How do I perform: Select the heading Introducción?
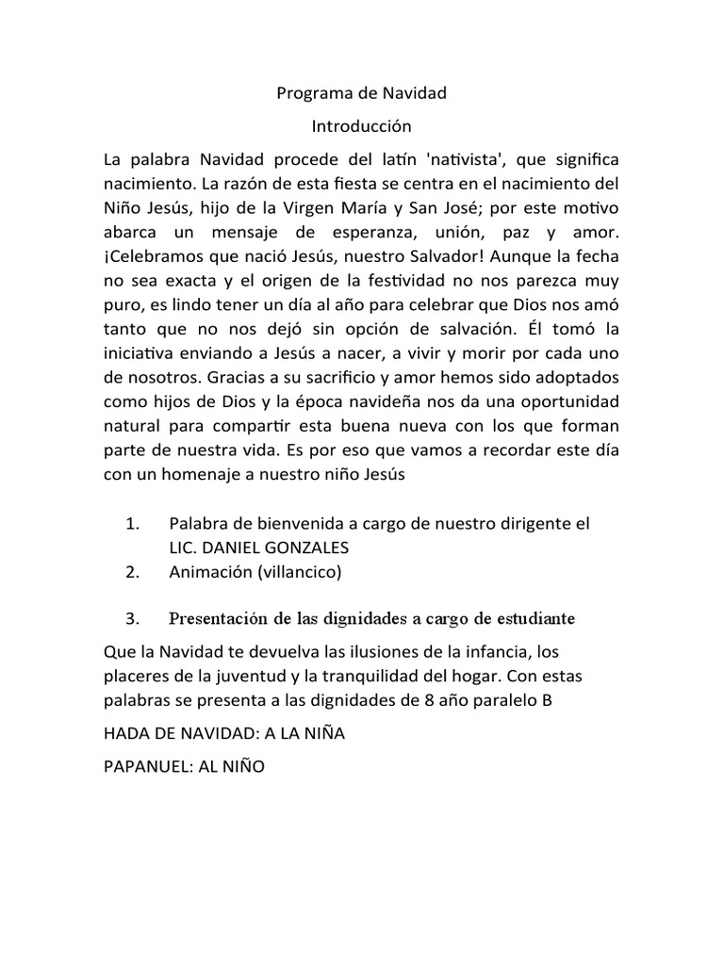[361, 124]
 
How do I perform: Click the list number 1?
[132, 522]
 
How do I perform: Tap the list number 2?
[132, 571]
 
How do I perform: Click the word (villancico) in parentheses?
[295, 571]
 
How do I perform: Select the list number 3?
[132, 619]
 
